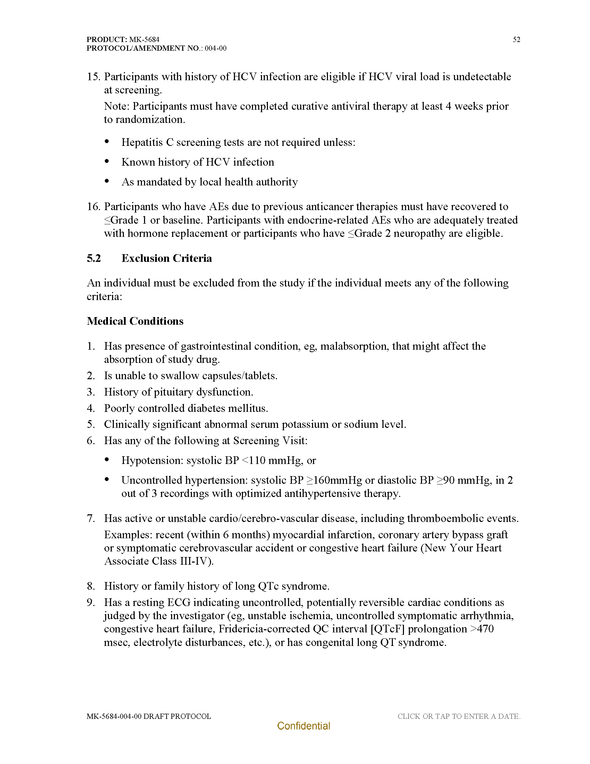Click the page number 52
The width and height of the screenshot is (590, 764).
(x=516, y=40)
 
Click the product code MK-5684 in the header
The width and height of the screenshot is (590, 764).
(x=144, y=40)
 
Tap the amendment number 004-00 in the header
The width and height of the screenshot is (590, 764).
(x=215, y=48)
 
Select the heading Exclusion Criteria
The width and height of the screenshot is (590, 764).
(x=166, y=258)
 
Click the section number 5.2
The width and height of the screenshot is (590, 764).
(x=94, y=258)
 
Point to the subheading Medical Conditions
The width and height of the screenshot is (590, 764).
(x=135, y=321)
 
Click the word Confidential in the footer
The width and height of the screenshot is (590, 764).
(x=303, y=726)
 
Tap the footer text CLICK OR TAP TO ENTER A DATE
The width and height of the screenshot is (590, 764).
(x=458, y=716)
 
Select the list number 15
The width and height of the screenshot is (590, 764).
(x=93, y=77)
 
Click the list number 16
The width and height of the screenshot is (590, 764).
(x=93, y=206)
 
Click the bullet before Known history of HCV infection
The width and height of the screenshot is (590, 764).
(x=107, y=161)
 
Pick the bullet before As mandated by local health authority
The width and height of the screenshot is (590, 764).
(x=107, y=181)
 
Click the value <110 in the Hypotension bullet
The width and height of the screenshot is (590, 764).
(x=254, y=460)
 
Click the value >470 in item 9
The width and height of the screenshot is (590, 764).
(x=482, y=629)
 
